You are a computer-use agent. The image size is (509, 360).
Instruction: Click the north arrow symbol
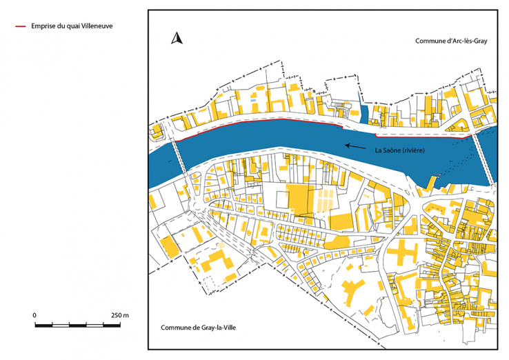[x=176, y=39]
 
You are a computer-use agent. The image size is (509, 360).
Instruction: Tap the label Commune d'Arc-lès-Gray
[x=451, y=41]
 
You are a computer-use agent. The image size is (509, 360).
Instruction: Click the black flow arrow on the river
[x=355, y=146]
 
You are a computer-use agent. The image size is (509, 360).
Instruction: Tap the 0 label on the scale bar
[x=34, y=314]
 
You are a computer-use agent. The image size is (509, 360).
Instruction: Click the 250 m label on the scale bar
[x=120, y=314]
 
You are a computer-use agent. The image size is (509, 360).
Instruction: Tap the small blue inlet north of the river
[x=363, y=114]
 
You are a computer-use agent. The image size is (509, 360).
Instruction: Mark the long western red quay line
[x=262, y=121]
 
